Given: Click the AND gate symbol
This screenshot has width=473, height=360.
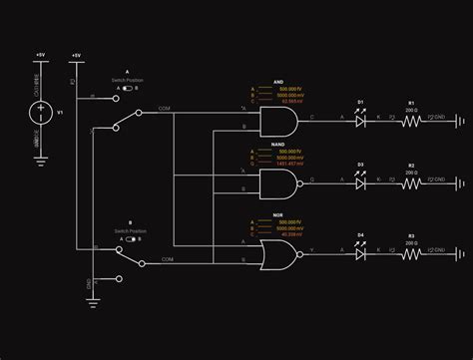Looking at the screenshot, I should [x=276, y=122].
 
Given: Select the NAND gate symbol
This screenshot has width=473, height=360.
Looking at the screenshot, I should [x=276, y=184].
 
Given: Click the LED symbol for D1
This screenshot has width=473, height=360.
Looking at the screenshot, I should [x=360, y=119].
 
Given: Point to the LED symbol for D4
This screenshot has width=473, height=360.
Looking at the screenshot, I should [x=360, y=253].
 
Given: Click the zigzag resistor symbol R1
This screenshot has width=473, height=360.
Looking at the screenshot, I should [x=411, y=119].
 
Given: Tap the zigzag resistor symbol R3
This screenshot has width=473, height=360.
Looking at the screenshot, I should [x=411, y=253].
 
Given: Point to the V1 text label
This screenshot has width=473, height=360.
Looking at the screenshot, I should [x=60, y=112].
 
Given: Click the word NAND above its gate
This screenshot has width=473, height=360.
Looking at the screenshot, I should [x=278, y=147].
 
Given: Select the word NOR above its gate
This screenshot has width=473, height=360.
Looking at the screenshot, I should [x=278, y=214].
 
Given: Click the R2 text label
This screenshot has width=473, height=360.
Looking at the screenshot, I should [x=410, y=166].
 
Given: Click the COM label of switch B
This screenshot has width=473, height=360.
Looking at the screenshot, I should [x=167, y=258].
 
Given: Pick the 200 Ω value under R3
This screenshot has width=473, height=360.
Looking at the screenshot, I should [x=410, y=243].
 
